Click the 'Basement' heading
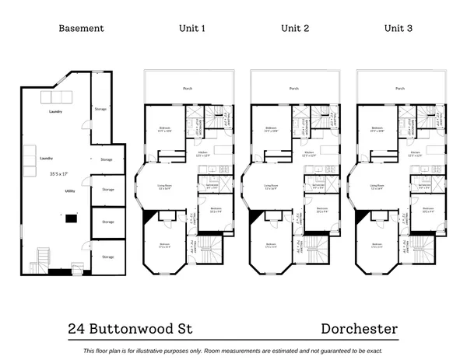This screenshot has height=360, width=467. tap(81, 29)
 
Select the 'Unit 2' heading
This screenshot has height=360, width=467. tap(295, 29)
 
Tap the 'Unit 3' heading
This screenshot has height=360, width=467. tap(399, 29)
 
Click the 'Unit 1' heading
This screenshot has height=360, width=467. tap(191, 29)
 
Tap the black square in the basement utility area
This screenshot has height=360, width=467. tap(71, 218)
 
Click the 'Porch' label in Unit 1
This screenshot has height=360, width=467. tap(188, 89)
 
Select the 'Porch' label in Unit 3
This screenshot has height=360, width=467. tap(400, 89)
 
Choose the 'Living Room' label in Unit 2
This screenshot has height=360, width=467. tap(271, 186)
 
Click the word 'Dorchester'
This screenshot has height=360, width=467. tap(359, 329)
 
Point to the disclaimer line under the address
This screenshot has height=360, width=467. tap(233, 350)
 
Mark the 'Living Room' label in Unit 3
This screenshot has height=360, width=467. tap(377, 186)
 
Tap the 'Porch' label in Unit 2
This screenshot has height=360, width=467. tap(293, 89)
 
